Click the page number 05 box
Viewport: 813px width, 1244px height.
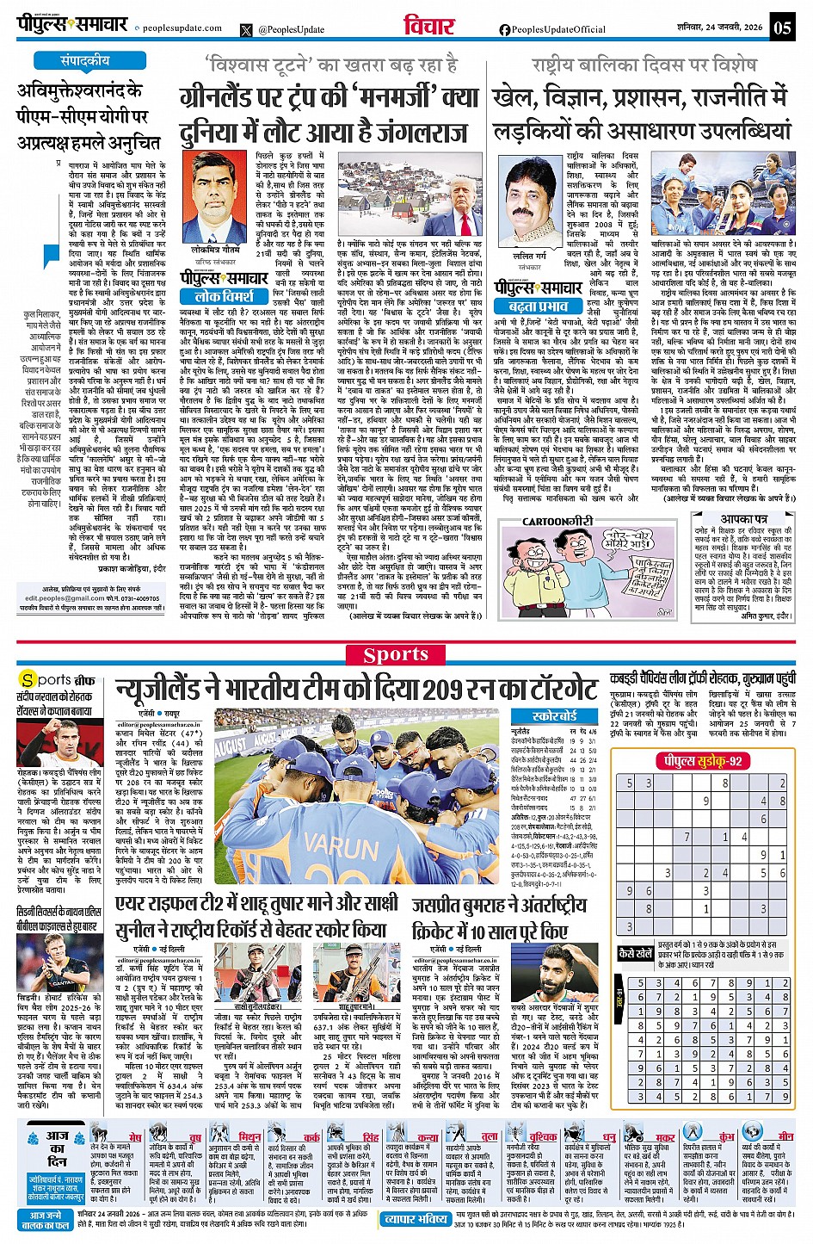coord(781,27)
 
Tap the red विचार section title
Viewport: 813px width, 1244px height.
coord(428,26)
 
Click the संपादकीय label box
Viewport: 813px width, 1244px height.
coord(85,61)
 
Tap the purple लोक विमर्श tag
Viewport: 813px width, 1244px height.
coord(225,296)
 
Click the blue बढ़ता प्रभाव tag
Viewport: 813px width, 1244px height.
coord(539,306)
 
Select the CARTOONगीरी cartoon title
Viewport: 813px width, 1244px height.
coord(557,521)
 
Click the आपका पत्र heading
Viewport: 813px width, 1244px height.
coord(744,519)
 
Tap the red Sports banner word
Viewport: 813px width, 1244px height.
coord(396,654)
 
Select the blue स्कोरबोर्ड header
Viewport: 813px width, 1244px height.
coord(554,716)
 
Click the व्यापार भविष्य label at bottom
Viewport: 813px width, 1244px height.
coord(416,1219)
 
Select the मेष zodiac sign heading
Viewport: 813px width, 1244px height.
coord(135,1137)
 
